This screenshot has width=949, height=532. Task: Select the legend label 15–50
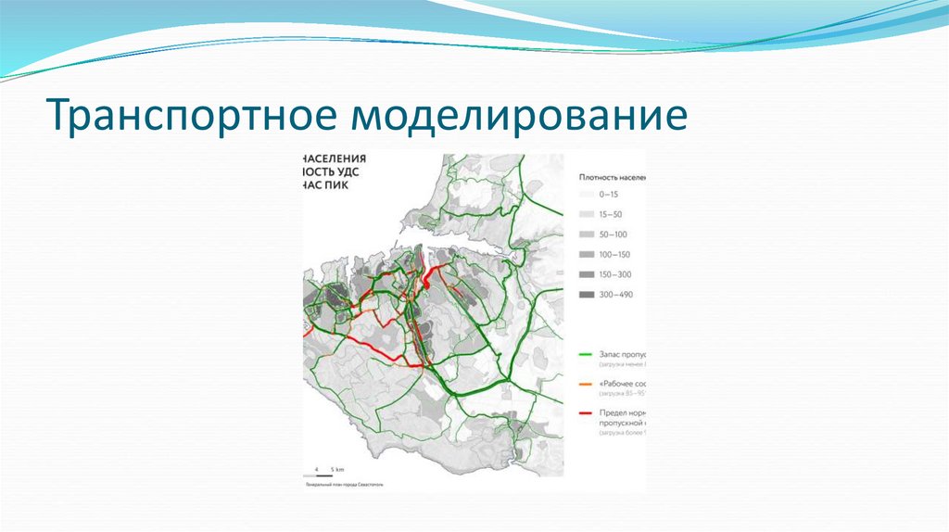(611, 214)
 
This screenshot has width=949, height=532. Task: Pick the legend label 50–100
(614, 234)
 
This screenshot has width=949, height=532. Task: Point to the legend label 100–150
(615, 254)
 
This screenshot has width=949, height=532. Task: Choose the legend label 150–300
(615, 274)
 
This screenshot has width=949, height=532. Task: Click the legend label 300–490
(615, 295)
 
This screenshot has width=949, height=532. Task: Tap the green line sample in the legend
(587, 354)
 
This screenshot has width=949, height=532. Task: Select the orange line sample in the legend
(587, 383)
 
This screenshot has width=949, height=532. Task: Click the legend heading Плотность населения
(612, 174)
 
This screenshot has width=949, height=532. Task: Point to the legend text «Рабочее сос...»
(622, 383)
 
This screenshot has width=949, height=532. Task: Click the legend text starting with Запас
(622, 354)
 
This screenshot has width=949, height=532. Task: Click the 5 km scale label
(338, 470)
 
